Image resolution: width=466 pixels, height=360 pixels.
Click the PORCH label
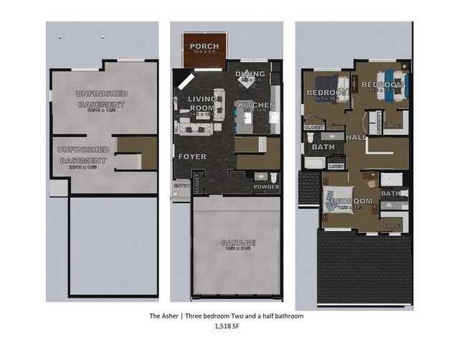click(x=204, y=47)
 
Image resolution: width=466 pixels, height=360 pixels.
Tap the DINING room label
click(x=250, y=74)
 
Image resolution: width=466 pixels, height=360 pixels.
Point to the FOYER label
click(x=192, y=156)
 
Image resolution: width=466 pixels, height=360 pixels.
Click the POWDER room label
click(x=267, y=187)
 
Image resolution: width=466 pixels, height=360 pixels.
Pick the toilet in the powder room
click(x=273, y=177)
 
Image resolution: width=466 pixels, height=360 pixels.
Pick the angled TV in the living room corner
click(x=186, y=80)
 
